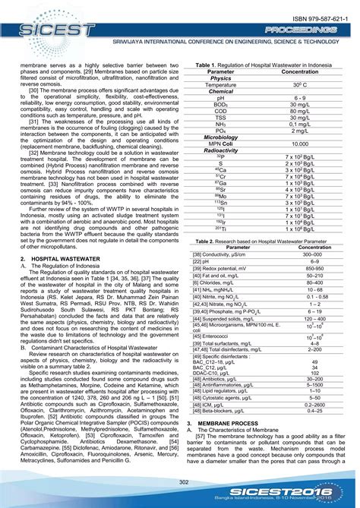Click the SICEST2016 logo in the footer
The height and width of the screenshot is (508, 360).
[299, 492]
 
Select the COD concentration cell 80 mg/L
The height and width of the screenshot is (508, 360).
[300, 111]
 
